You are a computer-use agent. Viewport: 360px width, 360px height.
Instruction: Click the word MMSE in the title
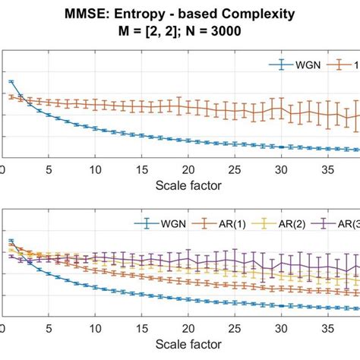pos(98,15)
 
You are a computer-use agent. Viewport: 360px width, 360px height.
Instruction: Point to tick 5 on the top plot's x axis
pos(49,170)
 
